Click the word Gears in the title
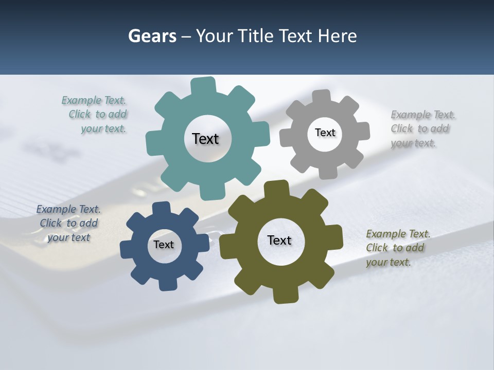point(152,36)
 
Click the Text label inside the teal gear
point(205,139)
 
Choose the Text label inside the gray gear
point(325,133)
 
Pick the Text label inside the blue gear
point(164,245)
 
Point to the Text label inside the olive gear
point(279,240)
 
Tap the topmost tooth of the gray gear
point(322,96)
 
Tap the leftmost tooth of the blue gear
point(126,250)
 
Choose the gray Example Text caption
point(422,129)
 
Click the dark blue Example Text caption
point(68,223)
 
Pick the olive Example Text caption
point(397,248)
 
